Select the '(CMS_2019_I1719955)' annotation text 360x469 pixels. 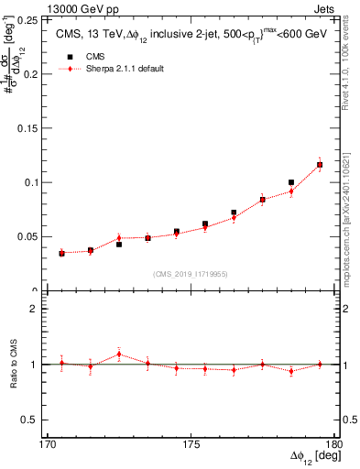pyautogui.click(x=191, y=273)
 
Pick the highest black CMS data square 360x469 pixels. pyautogui.click(x=320, y=165)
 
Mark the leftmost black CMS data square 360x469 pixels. pyautogui.click(x=61, y=253)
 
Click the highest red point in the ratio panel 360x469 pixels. pyautogui.click(x=119, y=354)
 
